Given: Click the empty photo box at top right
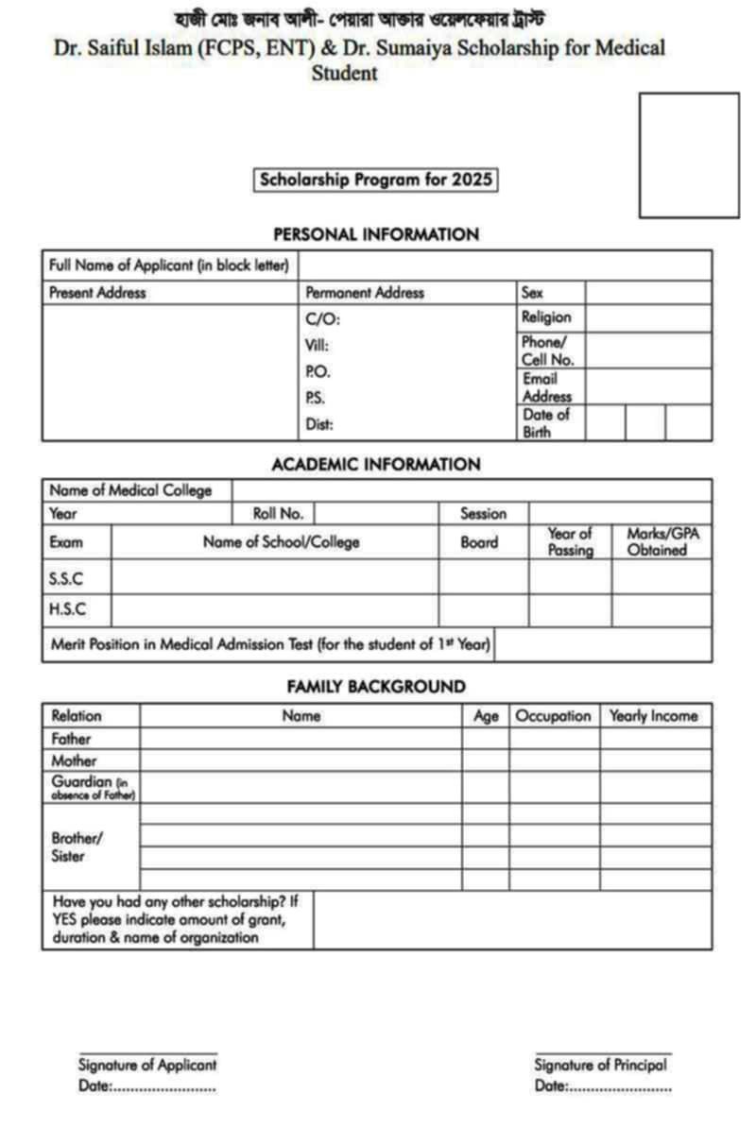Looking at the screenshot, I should [689, 155].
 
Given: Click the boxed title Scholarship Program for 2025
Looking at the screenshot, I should [376, 180].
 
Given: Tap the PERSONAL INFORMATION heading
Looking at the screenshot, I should [376, 234].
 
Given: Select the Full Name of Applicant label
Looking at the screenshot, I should [169, 265].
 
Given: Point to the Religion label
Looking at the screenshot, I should [546, 317].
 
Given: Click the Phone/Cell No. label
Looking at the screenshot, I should [547, 350].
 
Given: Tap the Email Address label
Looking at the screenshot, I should [547, 387].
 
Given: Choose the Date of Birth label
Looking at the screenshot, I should [546, 423].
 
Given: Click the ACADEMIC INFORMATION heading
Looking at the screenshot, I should [376, 465].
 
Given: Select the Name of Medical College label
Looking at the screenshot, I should [130, 490].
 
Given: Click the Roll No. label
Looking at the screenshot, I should [278, 514].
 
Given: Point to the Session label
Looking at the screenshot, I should [483, 514].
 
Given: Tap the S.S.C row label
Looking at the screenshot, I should [66, 577].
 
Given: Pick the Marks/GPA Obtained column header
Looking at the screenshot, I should [662, 541].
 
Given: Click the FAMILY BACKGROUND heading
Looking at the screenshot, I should [376, 687].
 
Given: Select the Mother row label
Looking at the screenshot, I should [74, 761].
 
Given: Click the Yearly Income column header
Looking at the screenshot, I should [654, 716].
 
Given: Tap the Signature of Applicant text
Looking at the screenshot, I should [147, 1065].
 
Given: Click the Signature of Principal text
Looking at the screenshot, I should [600, 1065].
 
